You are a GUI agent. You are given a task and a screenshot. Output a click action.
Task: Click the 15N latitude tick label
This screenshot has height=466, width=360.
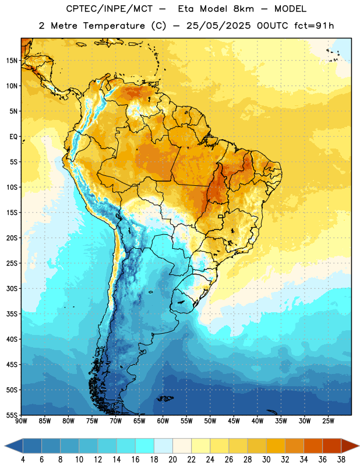[x=12, y=61]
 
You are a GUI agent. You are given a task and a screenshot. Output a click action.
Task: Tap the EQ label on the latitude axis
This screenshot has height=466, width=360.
[x=13, y=137]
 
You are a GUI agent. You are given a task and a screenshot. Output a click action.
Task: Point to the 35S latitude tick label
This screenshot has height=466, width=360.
[x=12, y=314]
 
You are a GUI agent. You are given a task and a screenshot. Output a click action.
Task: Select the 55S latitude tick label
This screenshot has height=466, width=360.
[x=12, y=415]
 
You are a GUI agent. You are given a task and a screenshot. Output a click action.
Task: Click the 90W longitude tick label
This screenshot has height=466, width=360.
[x=21, y=421]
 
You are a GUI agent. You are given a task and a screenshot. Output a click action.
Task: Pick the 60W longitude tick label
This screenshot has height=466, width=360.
[x=163, y=421]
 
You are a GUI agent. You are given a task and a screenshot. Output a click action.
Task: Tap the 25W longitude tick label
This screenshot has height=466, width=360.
[x=328, y=421]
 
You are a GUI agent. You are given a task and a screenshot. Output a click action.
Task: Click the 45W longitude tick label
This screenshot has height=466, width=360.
[x=234, y=421]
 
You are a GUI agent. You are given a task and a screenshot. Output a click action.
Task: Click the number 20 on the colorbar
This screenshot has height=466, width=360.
[x=172, y=460]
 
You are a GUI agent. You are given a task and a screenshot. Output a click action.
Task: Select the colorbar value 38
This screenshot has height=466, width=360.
[x=341, y=460]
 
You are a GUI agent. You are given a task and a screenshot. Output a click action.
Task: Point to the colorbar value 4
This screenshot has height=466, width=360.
[x=23, y=460]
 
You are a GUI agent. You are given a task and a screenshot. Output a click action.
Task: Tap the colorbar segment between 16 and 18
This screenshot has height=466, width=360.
[x=144, y=446]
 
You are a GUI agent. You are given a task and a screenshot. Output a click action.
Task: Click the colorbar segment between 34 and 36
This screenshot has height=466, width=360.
[x=313, y=446]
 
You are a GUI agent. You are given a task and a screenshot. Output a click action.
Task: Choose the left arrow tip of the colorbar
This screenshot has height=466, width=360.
[x=5, y=446]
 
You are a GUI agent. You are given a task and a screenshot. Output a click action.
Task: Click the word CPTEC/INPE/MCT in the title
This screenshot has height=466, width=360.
[x=109, y=9]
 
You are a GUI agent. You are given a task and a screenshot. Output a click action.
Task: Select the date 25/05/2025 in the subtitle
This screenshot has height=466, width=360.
[x=218, y=26]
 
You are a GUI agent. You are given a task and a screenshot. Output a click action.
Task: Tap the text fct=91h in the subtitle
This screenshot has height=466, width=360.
[x=314, y=26]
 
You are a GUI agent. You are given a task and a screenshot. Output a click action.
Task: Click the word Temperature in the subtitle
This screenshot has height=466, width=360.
[x=114, y=26]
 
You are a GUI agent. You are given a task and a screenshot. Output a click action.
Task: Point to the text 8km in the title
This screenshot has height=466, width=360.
[x=243, y=9]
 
